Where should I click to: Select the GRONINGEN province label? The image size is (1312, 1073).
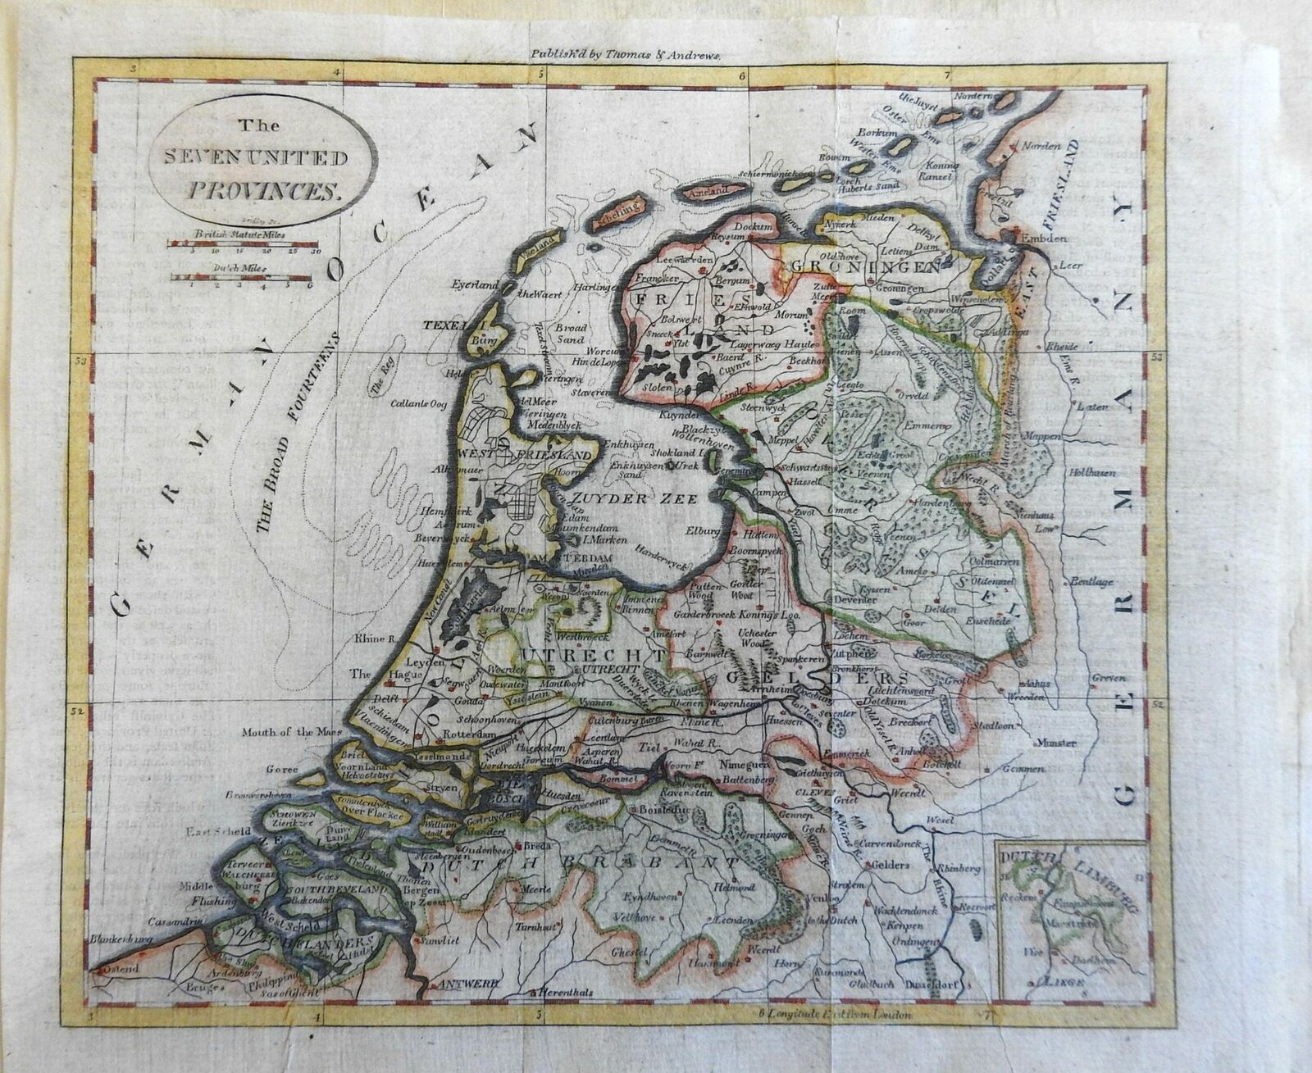point(876,268)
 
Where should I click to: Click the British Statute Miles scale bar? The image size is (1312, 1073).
point(244,244)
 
